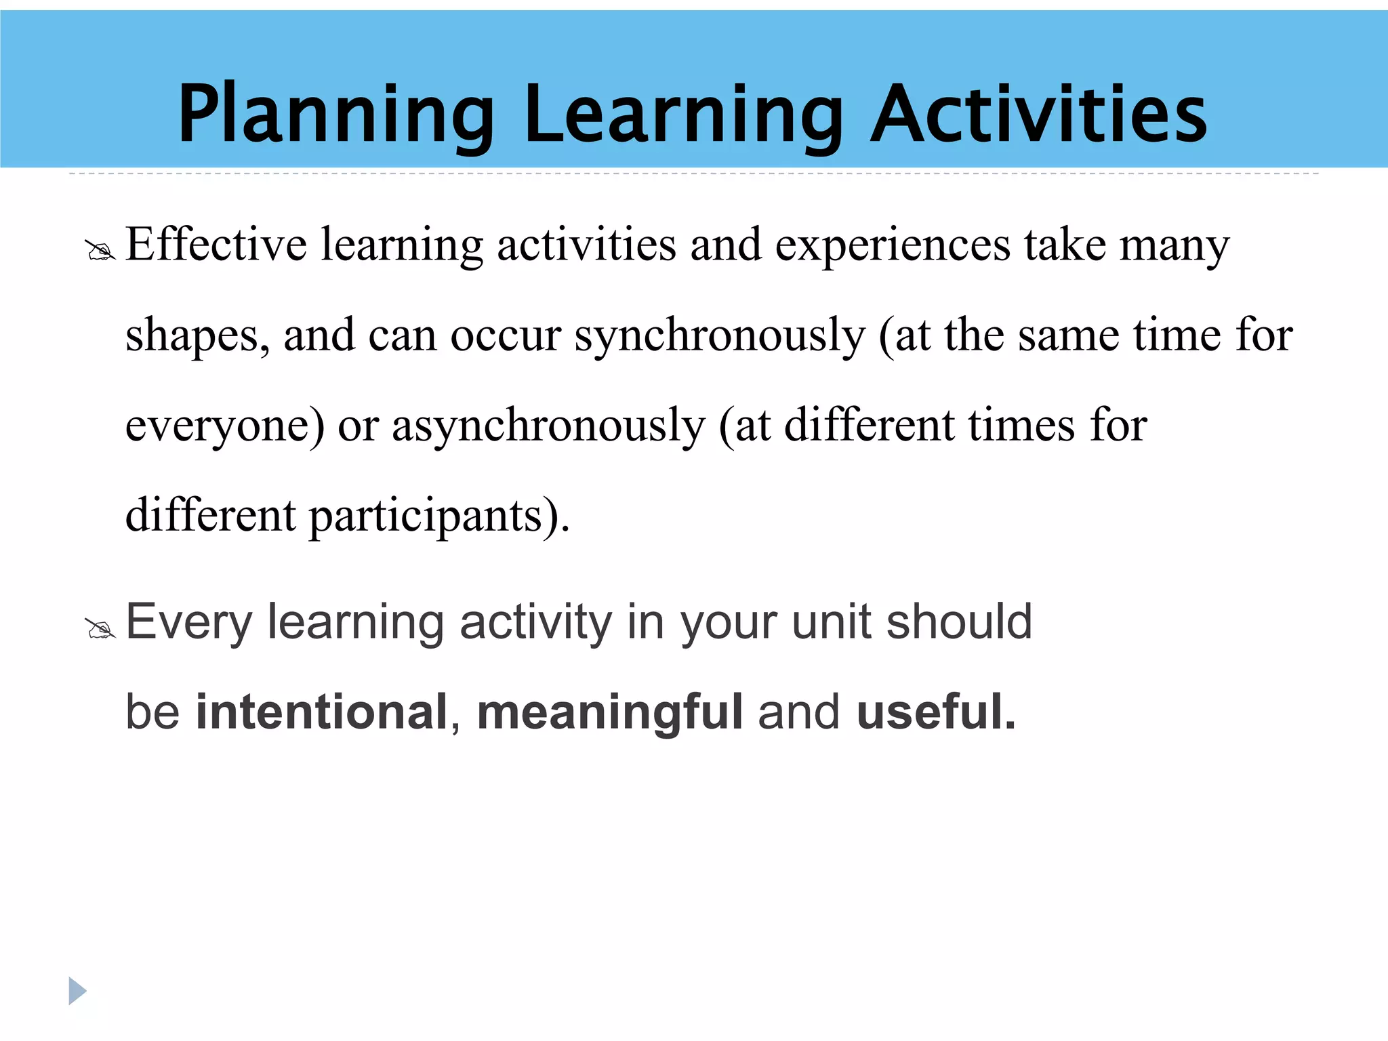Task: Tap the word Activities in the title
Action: [1038, 114]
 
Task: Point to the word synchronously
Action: [720, 336]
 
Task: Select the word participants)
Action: [439, 516]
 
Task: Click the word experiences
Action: [893, 245]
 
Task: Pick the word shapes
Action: [197, 336]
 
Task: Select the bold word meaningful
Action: [610, 713]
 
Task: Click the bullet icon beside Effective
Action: [100, 251]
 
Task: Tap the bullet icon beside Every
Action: [100, 629]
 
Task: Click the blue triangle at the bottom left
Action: [77, 991]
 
